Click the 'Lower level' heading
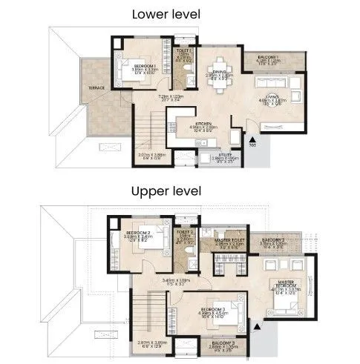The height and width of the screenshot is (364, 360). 180,13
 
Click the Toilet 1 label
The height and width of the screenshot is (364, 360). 185,52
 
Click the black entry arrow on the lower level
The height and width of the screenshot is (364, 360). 253,139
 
